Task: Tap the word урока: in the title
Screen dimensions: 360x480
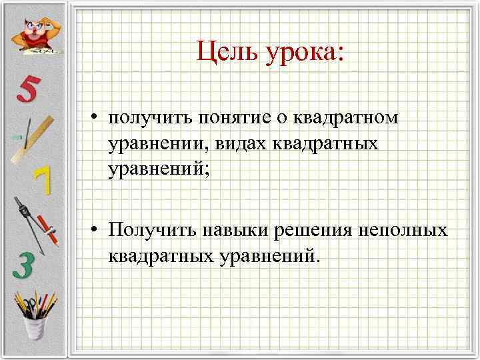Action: [307, 51]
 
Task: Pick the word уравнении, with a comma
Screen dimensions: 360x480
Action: [158, 144]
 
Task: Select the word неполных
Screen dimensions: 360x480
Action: [404, 230]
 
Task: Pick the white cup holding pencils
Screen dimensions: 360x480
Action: [33, 327]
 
